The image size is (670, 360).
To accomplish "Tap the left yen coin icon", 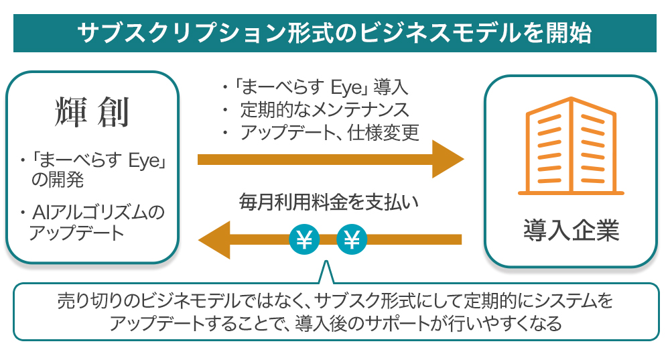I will click(304, 239).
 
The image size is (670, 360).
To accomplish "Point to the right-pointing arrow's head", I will click(448, 159).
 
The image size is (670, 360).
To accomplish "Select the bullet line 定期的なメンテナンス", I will click(325, 109).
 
